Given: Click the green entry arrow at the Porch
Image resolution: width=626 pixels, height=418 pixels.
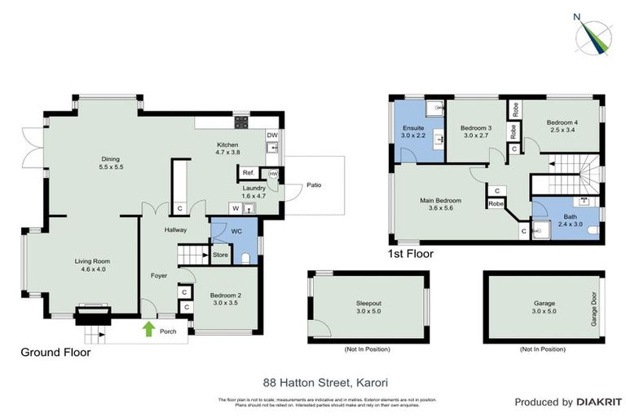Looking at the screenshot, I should tap(148, 328).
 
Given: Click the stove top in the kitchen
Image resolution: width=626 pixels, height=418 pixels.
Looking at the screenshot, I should tap(242, 124).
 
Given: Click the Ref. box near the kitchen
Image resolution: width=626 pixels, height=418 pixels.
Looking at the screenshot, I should tap(247, 173).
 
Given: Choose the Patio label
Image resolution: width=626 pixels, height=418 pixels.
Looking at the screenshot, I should tap(314, 185).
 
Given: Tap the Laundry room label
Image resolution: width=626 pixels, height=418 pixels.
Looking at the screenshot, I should tap(254, 188).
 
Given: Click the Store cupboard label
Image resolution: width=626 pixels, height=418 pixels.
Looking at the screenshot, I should tap(220, 256).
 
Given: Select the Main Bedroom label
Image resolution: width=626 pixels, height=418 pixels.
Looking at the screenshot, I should tap(440, 200).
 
